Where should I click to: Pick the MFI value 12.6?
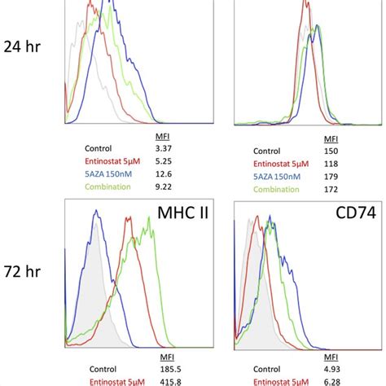click(163, 174)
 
